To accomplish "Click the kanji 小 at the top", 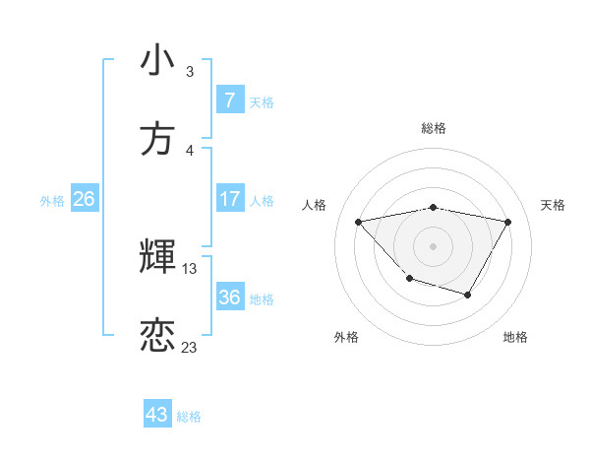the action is point(157,60).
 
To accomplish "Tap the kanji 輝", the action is point(157,256).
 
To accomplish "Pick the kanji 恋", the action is point(157,335).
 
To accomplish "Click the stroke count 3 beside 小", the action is point(190,72).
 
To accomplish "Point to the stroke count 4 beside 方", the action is point(190,150).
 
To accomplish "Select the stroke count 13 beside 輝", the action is point(190,268).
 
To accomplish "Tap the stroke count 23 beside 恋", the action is point(190,347).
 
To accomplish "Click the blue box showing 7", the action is point(229,99).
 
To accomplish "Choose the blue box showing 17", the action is point(229,199).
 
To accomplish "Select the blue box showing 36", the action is point(229,298).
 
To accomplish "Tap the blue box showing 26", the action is point(84,199).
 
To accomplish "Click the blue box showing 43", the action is point(156,415).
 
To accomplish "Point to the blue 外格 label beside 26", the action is point(52,201).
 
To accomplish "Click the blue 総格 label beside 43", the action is point(189,417).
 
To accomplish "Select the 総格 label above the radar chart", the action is point(434,128).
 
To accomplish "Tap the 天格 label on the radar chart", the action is point(553,205).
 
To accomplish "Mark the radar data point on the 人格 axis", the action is point(359,222).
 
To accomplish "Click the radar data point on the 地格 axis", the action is point(468,295).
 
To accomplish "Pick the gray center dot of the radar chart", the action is point(433,245).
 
